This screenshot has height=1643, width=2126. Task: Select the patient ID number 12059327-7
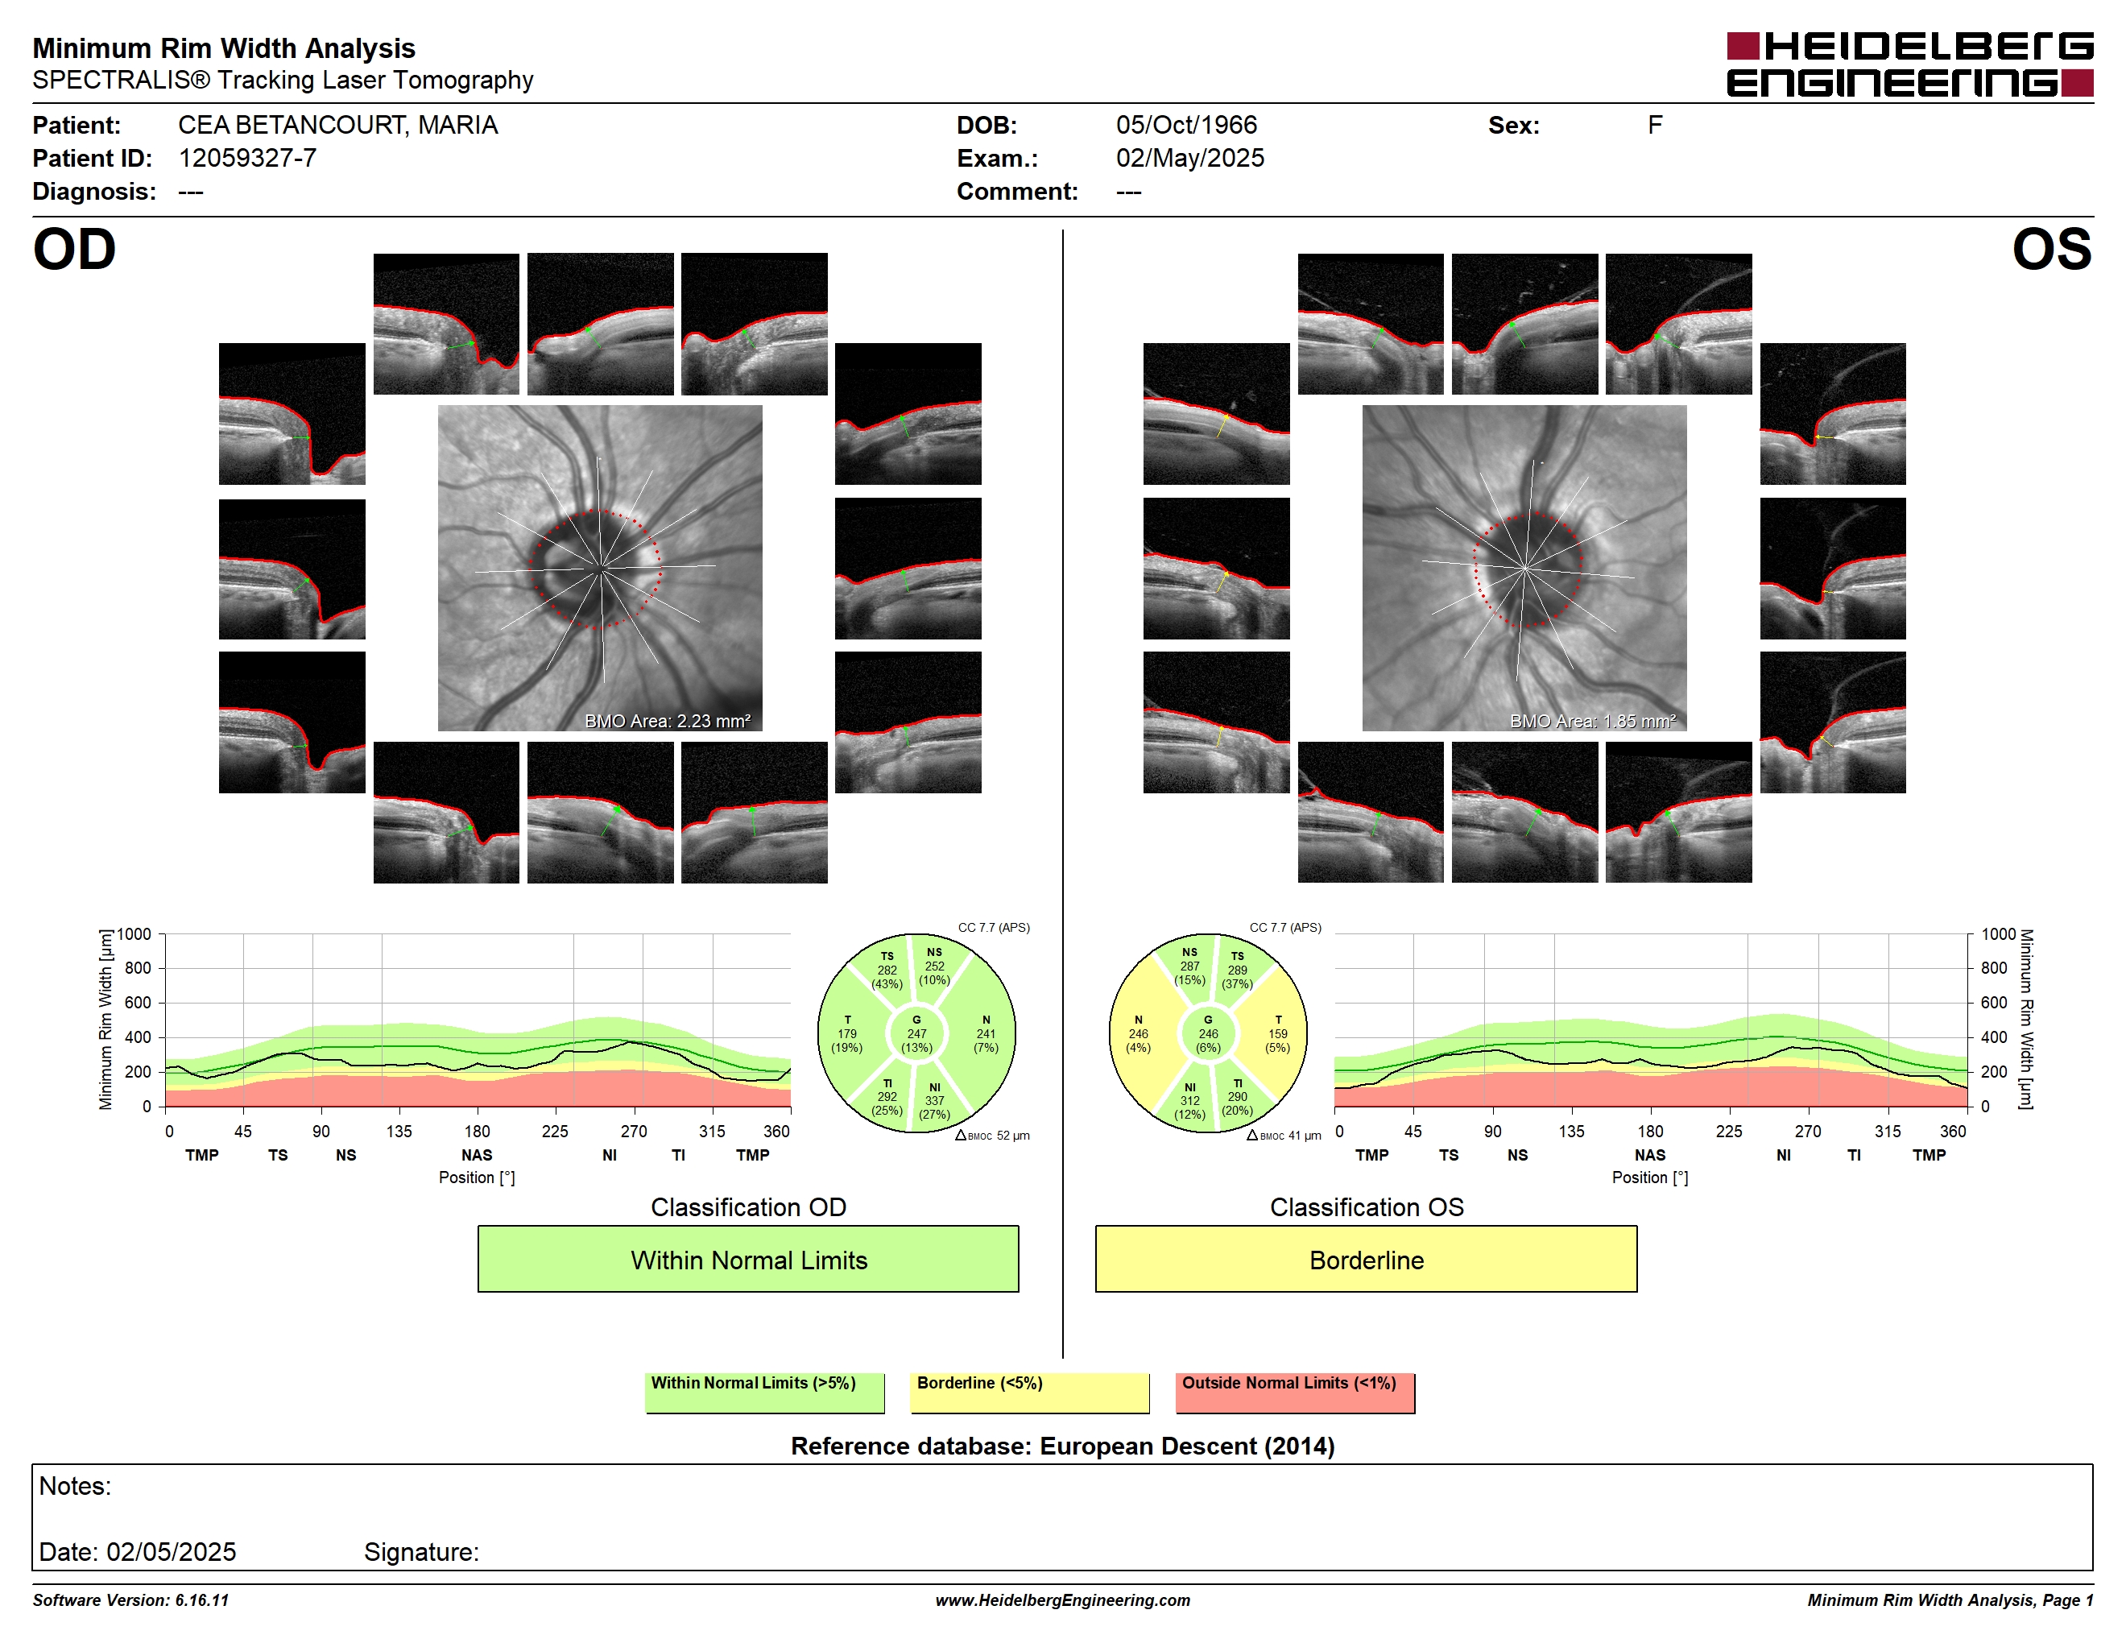(x=247, y=159)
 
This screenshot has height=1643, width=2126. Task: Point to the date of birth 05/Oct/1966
(x=1185, y=126)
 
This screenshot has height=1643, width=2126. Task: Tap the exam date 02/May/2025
(x=1189, y=159)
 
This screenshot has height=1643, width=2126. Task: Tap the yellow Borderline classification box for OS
(x=1366, y=1259)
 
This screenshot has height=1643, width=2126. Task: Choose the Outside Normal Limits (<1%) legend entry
(x=1295, y=1392)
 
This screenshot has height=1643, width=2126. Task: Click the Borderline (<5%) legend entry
(x=1029, y=1392)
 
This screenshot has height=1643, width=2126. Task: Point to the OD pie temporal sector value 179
(x=847, y=1033)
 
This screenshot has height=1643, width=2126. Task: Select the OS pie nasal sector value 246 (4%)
(x=1138, y=1041)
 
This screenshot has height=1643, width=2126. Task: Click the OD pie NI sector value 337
(x=934, y=1101)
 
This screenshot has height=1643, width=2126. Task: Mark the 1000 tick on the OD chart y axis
(x=134, y=934)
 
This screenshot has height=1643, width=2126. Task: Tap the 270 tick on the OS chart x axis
(x=1808, y=1131)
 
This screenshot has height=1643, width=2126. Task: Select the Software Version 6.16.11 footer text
(x=130, y=1600)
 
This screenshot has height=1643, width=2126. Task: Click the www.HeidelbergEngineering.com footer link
(x=1063, y=1600)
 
